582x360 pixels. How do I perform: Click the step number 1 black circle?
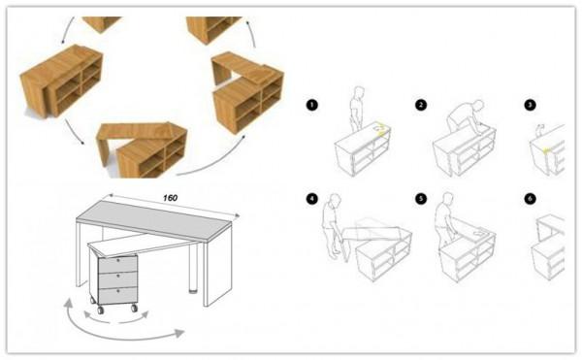pos(311,105)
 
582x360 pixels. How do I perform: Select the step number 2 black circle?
pos(421,105)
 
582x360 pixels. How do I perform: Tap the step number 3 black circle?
pos(530,105)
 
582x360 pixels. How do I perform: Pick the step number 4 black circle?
pos(311,199)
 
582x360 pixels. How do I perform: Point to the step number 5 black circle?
pos(421,199)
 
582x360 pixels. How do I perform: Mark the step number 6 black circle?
pos(530,199)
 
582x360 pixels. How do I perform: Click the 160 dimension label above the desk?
pos(170,198)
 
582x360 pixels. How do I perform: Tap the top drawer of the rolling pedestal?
pos(117,264)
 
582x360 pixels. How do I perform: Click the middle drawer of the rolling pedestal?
pos(117,279)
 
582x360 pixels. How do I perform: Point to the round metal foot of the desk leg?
pos(193,289)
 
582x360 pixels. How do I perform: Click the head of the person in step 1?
pos(359,92)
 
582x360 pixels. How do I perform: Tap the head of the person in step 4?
pos(336,200)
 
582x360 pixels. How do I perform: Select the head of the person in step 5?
pos(448,199)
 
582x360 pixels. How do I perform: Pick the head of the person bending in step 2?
pos(479,106)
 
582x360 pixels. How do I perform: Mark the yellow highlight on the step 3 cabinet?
pos(546,150)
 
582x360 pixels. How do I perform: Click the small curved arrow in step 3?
pos(540,129)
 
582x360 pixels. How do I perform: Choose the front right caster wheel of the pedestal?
pos(134,308)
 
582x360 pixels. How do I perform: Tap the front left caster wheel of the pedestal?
pos(101,310)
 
